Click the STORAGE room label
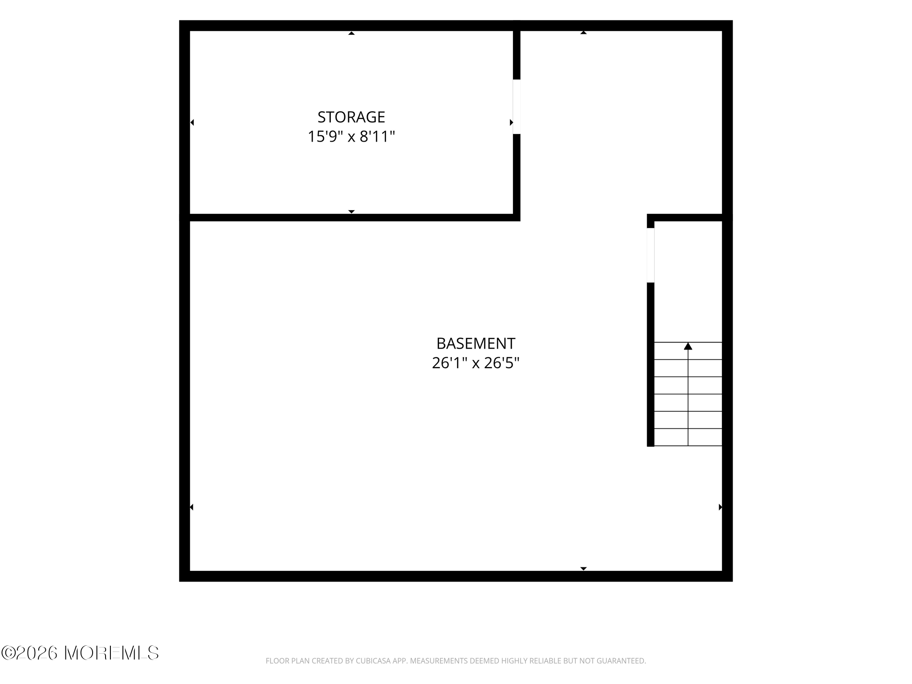(x=351, y=117)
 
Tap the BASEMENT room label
(x=476, y=344)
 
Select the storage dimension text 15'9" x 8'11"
(x=351, y=137)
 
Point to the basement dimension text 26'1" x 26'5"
(x=476, y=363)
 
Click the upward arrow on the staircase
(x=688, y=346)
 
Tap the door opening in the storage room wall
(x=517, y=107)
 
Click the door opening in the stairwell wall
(x=651, y=255)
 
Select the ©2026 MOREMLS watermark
(x=80, y=653)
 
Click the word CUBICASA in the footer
(x=373, y=661)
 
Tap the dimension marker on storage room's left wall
(x=192, y=122)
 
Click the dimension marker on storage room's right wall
(x=511, y=122)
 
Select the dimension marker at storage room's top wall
(x=351, y=33)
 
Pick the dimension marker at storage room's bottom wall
(x=351, y=212)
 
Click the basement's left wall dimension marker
(x=192, y=507)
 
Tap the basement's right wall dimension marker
(x=720, y=507)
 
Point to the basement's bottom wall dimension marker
(x=583, y=569)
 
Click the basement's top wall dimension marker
(x=583, y=33)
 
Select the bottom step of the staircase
(x=688, y=437)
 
